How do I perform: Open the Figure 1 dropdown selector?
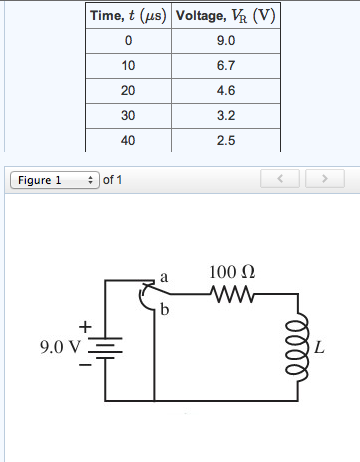point(53,181)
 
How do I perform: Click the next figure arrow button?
point(323,181)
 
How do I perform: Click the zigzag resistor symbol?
point(233,294)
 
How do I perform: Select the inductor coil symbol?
point(297,346)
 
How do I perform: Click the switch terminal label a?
point(163,274)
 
